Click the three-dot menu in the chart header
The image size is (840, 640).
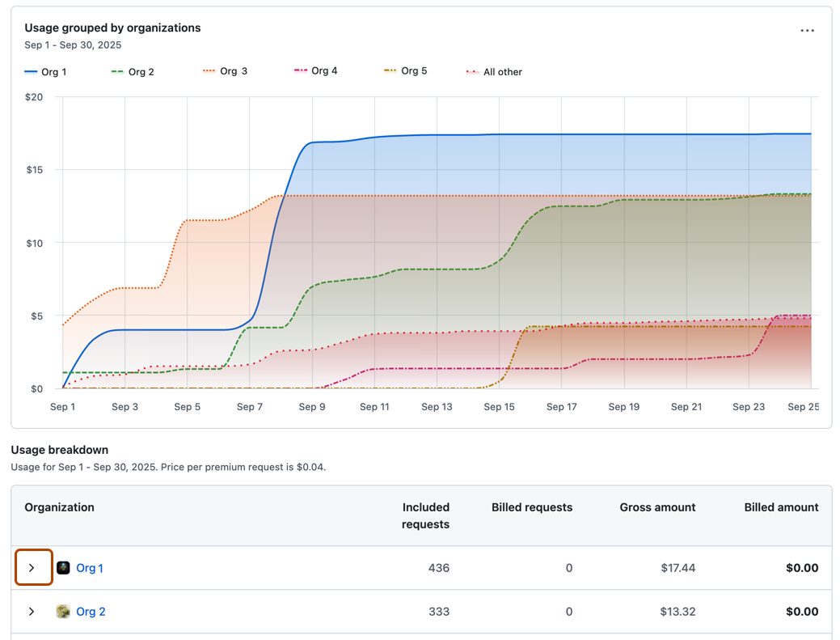tap(807, 31)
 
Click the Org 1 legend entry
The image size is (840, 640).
tap(46, 72)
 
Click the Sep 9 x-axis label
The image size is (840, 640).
tap(312, 407)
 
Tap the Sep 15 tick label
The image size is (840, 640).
tap(499, 407)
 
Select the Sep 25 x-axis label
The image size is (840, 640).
tap(803, 407)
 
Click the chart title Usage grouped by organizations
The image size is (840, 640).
tap(112, 28)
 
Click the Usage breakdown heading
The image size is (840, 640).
tap(59, 450)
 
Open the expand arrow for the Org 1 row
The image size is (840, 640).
tap(32, 568)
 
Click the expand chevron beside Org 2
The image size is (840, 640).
tap(32, 612)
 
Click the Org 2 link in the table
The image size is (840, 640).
tap(91, 612)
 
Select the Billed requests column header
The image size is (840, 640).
tap(531, 507)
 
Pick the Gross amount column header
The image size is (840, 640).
tap(657, 507)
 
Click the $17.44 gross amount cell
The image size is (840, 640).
tap(677, 568)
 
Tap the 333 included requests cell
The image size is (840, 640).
tap(438, 612)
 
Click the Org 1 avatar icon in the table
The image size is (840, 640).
tap(63, 568)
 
